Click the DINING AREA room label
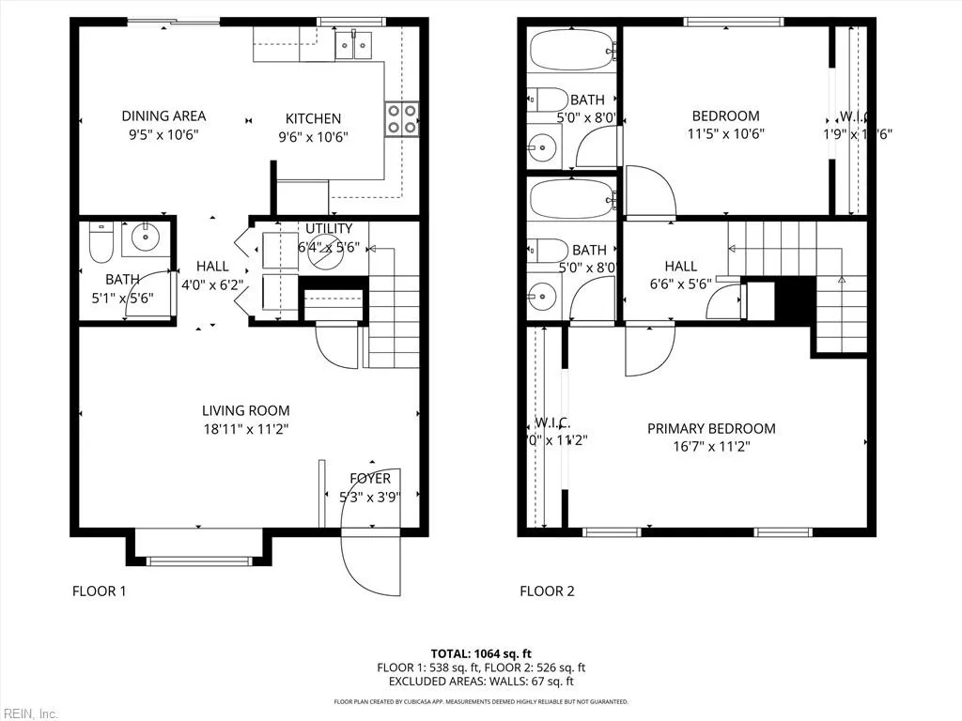pos(163,116)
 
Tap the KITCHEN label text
pos(313,119)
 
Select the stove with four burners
pos(401,119)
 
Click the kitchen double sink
pos(354,44)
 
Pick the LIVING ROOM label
pos(246,410)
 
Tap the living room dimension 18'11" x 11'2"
pos(246,429)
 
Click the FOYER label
pos(370,479)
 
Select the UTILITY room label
pos(329,229)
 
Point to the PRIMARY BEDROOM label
pos(711,429)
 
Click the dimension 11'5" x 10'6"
pos(725,133)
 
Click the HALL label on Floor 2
pos(681,267)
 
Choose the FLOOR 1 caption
pos(99,591)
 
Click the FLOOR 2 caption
pos(547,591)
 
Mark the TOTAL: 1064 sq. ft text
pos(481,653)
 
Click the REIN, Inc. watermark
pos(30,713)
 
